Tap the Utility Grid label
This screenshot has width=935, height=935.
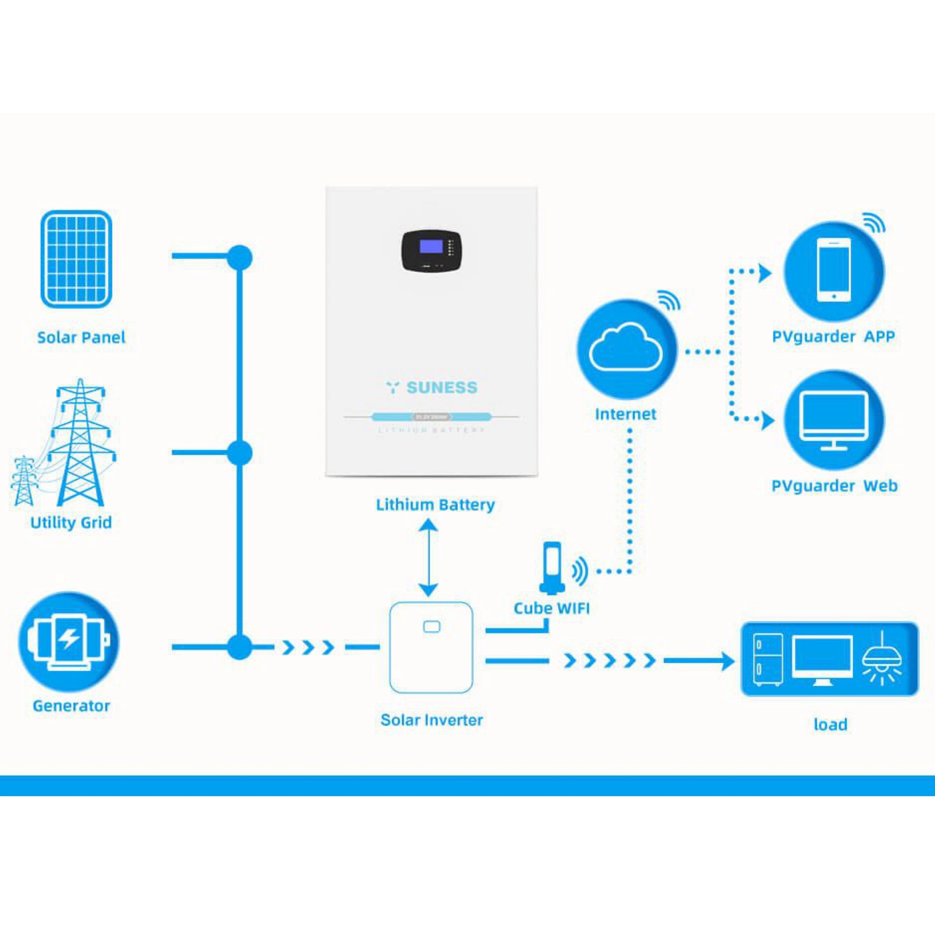pyautogui.click(x=71, y=522)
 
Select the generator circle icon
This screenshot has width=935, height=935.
pyautogui.click(x=69, y=642)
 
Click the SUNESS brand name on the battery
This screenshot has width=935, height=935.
pyautogui.click(x=441, y=388)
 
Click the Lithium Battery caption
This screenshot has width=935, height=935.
pyautogui.click(x=435, y=505)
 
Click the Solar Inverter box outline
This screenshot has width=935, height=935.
pyautogui.click(x=431, y=648)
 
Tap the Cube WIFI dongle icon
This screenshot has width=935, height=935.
pyautogui.click(x=552, y=568)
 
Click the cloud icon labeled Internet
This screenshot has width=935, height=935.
pyautogui.click(x=626, y=349)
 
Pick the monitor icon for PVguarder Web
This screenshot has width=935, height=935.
pyautogui.click(x=833, y=421)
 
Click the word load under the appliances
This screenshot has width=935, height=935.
pyautogui.click(x=830, y=725)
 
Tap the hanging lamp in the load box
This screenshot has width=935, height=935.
pyautogui.click(x=882, y=658)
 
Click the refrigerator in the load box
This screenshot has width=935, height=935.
pyautogui.click(x=768, y=659)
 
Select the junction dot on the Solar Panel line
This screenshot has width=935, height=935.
pyautogui.click(x=240, y=257)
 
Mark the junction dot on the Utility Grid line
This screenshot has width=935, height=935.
pyautogui.click(x=240, y=453)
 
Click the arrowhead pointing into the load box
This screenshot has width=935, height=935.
pyautogui.click(x=727, y=661)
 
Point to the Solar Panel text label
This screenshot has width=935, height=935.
pyautogui.click(x=81, y=337)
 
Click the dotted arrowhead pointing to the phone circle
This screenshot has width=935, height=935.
pyautogui.click(x=765, y=273)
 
